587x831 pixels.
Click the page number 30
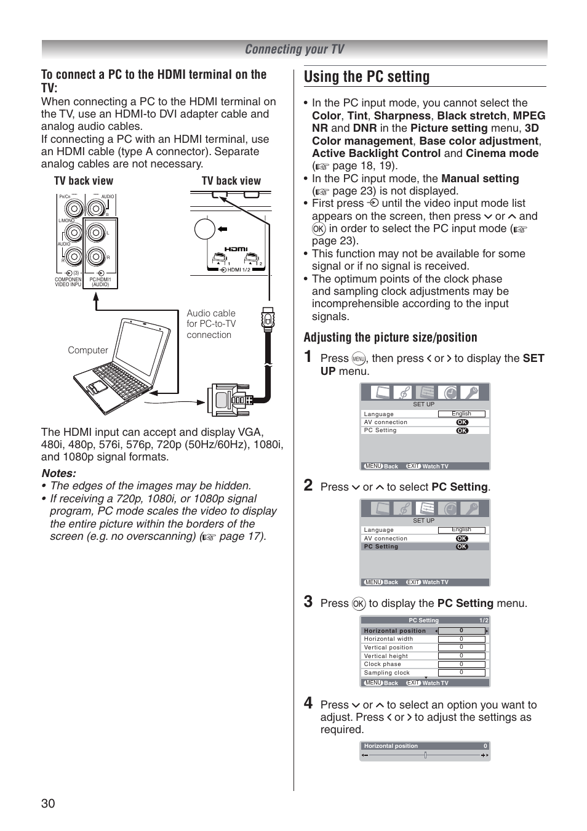[48, 803]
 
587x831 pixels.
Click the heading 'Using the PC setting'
[367, 77]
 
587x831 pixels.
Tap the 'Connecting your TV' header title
[294, 49]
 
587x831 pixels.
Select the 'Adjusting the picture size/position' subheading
[390, 337]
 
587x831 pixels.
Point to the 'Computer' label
[87, 350]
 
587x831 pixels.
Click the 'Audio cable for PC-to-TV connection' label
[210, 324]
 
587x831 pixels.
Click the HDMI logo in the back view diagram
[236, 249]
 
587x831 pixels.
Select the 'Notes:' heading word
[59, 473]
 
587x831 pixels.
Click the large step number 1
[308, 357]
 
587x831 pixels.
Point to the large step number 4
[308, 703]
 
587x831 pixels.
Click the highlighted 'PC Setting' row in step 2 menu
[425, 547]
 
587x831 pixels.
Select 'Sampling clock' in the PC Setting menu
[386, 673]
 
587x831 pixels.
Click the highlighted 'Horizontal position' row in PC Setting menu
[425, 630]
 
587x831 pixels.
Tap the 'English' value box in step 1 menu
[461, 414]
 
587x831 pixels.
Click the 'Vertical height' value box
[461, 656]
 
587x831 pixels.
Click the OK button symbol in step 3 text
[359, 604]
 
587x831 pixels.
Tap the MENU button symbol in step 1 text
[359, 359]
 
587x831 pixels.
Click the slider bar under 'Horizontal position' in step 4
[425, 755]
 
